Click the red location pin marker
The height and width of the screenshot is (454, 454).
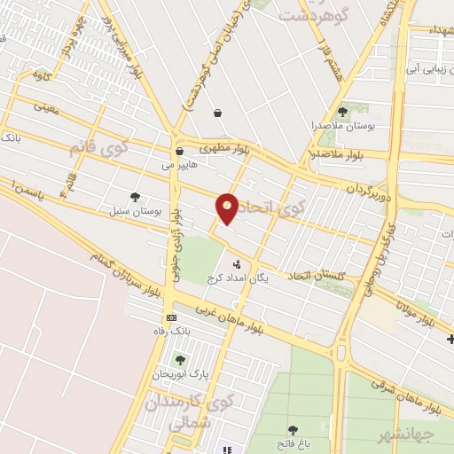[228, 208]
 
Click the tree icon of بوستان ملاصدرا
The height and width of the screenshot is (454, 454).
[343, 112]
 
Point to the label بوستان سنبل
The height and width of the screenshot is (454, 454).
[134, 212]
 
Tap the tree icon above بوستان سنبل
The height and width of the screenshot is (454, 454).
[135, 197]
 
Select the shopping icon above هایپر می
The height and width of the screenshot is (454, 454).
[179, 152]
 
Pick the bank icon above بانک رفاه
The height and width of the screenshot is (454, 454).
[170, 317]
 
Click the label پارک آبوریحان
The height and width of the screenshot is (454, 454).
[181, 374]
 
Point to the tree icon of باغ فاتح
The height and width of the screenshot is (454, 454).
[293, 430]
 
